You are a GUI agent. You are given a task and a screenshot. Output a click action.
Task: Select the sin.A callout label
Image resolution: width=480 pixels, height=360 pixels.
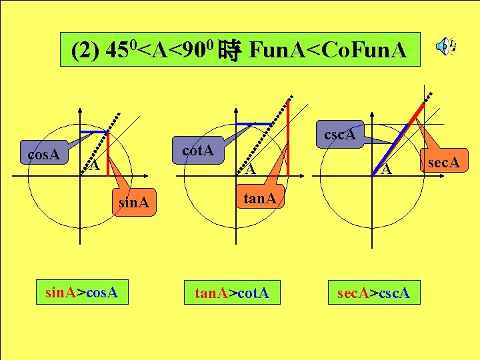point(133,202)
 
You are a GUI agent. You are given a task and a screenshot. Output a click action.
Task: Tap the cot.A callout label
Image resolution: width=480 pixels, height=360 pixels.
point(198,151)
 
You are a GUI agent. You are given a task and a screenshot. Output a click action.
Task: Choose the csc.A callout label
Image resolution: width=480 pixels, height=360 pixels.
point(339,135)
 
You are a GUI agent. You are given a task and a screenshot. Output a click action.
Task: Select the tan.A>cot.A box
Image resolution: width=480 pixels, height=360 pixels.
point(231,291)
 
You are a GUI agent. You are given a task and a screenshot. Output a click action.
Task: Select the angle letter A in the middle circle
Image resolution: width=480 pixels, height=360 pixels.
point(249,169)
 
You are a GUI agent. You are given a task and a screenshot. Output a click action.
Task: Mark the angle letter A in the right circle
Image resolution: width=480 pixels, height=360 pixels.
point(386,169)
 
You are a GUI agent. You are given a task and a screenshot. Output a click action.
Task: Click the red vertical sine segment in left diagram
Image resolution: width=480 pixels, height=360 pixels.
point(108,155)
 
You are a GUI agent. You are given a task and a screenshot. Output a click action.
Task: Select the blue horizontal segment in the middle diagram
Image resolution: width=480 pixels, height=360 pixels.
point(254,124)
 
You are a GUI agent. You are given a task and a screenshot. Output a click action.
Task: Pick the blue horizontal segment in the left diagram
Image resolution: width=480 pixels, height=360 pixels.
point(95,132)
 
